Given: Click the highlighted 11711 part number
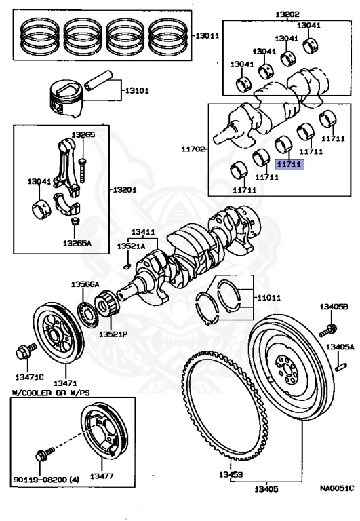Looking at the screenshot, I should [289, 163].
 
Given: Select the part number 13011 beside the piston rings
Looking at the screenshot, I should [207, 36].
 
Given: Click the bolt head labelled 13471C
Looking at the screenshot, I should [21, 352].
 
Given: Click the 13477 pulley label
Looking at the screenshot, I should [102, 476].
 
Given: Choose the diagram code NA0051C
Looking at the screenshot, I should [336, 487].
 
